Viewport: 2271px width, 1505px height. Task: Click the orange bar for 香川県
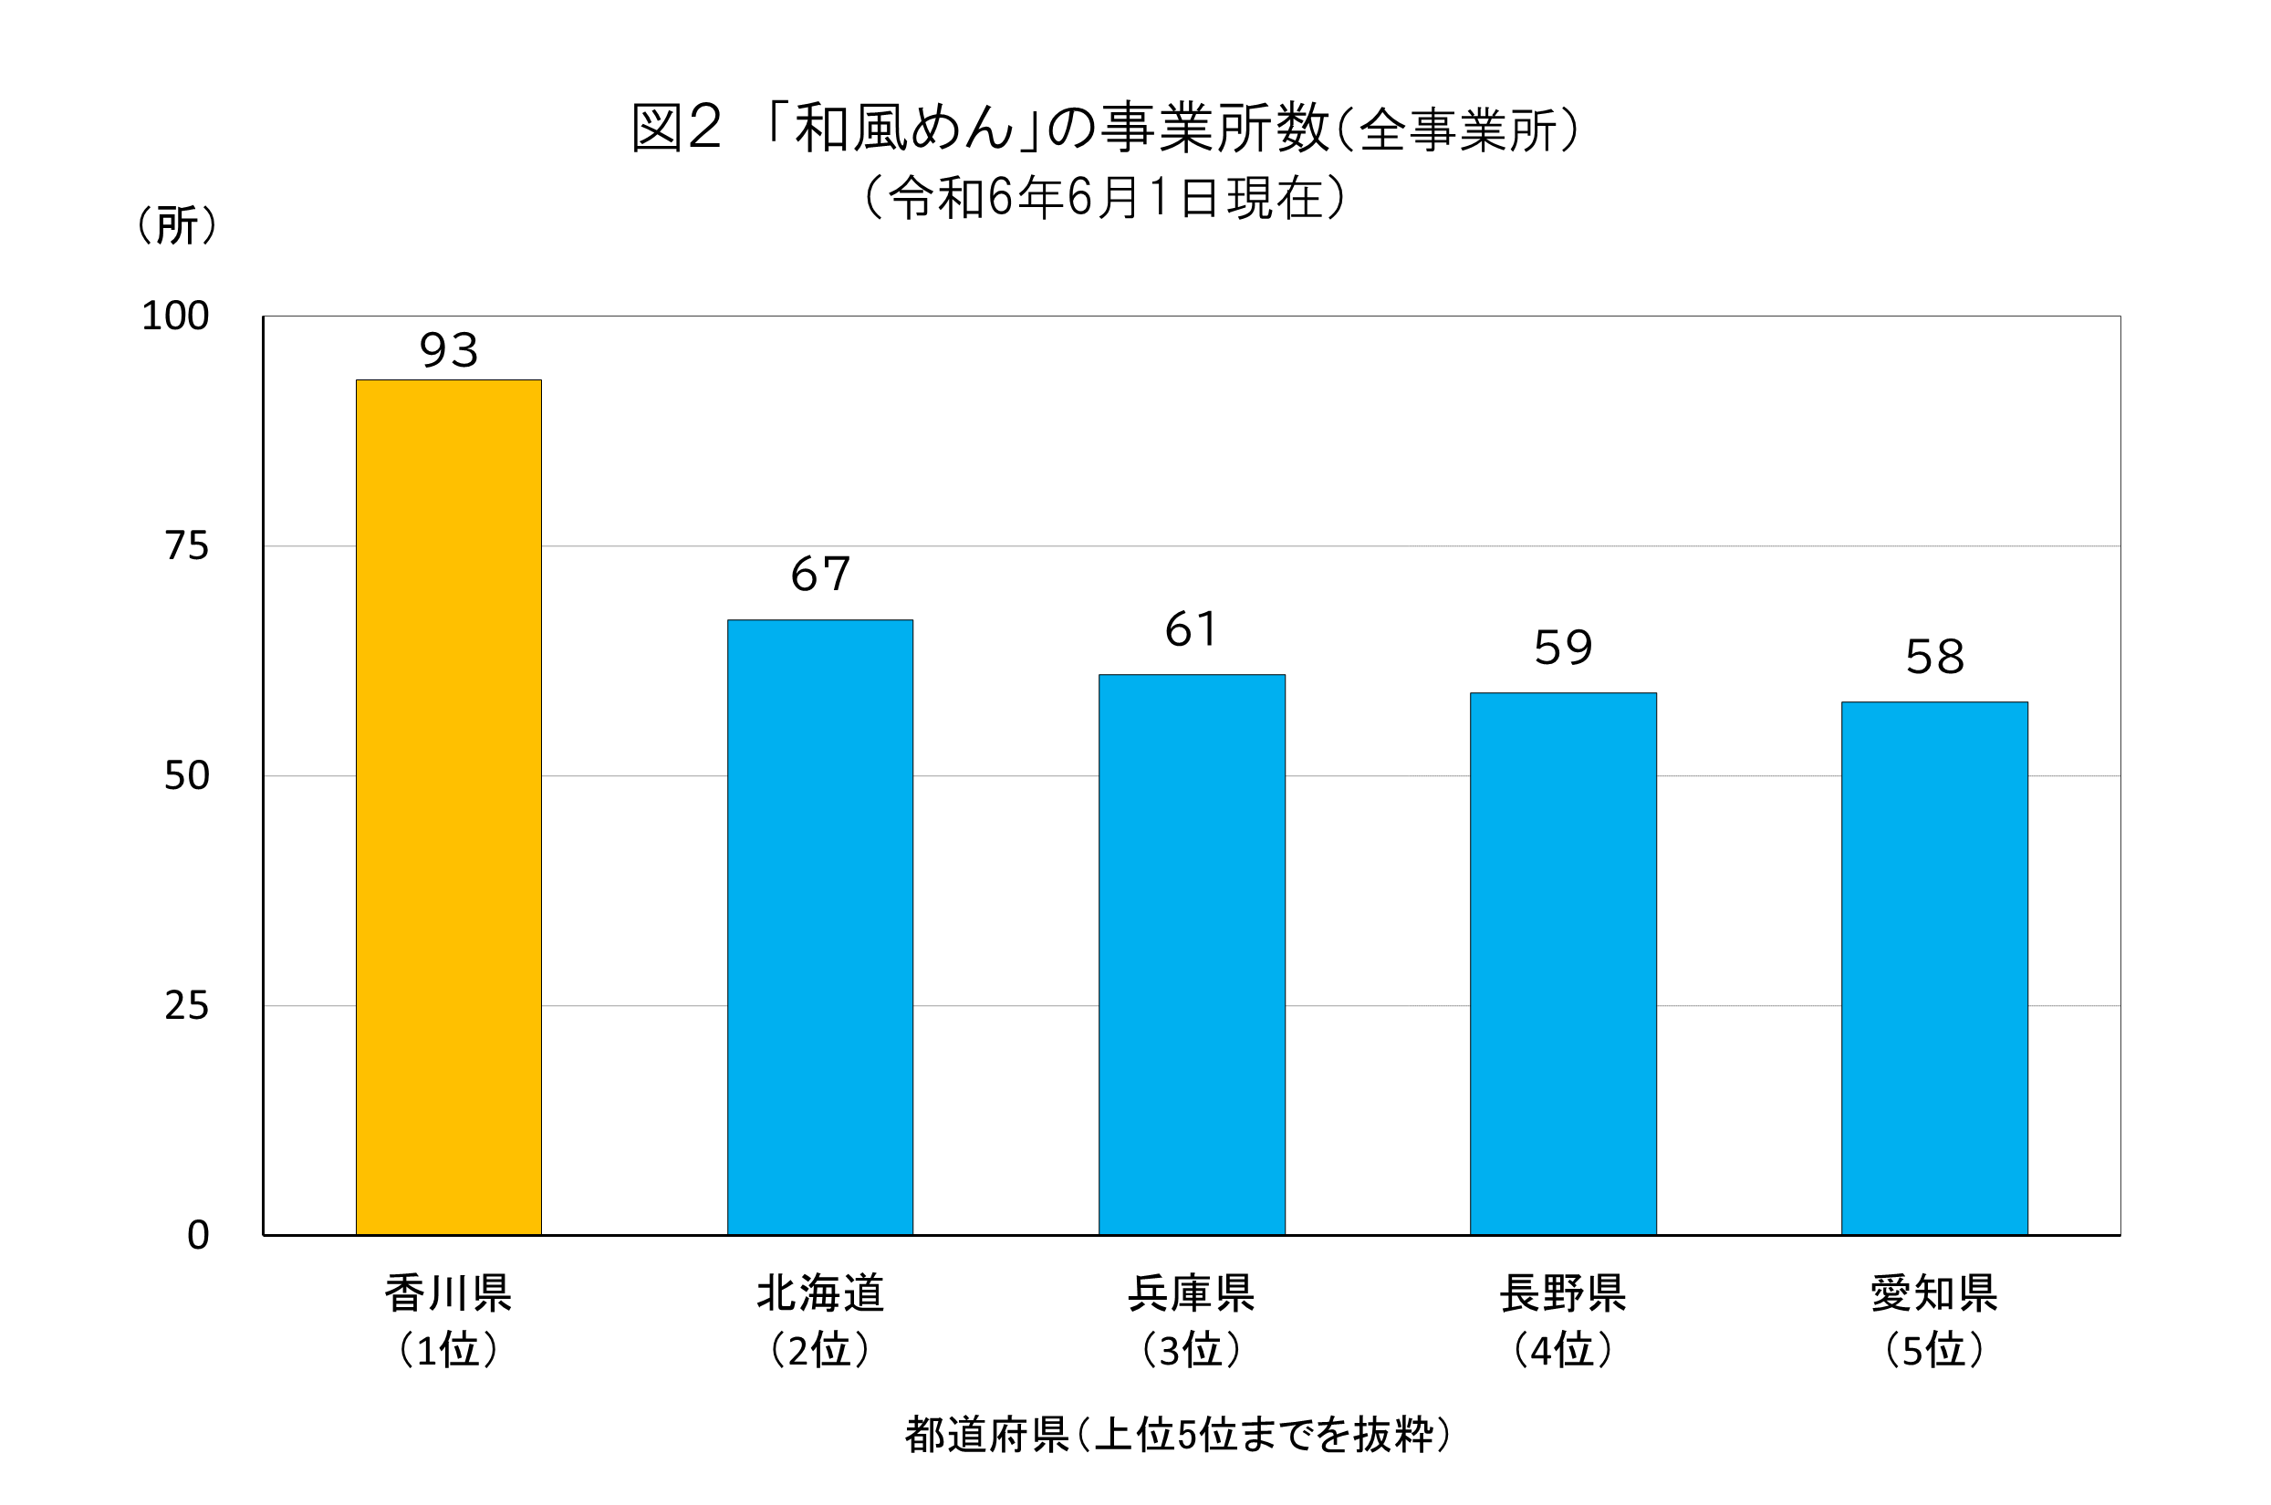(448, 806)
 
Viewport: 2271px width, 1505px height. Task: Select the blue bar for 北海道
(819, 926)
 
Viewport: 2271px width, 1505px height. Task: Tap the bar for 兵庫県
(1192, 954)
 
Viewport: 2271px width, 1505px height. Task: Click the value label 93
(448, 350)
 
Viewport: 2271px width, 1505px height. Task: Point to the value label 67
(819, 574)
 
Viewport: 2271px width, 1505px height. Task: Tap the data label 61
(1192, 629)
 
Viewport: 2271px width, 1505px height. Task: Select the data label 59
(1563, 648)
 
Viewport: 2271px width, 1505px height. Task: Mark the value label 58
(1934, 658)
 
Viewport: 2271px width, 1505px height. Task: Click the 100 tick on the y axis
(174, 316)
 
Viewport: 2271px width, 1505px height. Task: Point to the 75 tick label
(186, 546)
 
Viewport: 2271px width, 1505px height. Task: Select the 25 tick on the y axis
(186, 1006)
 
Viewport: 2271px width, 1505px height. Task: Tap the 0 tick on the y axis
(198, 1235)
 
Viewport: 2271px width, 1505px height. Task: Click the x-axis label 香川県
(448, 1292)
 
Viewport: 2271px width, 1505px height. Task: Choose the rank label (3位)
(1192, 1351)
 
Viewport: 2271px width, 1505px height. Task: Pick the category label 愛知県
(1934, 1292)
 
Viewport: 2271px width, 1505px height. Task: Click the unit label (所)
(177, 225)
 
